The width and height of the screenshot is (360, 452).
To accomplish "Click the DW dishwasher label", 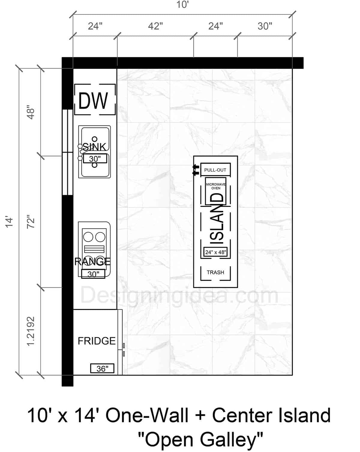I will (93, 101).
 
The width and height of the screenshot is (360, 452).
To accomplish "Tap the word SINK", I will (94, 147).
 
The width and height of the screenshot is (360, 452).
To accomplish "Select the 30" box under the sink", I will (95, 159).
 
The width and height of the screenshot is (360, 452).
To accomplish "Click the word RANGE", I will (92, 261).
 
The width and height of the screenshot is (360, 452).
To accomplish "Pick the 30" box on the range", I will (93, 274).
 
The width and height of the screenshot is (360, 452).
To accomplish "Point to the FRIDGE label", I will (97, 341).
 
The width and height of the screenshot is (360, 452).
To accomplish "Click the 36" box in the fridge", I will (102, 368).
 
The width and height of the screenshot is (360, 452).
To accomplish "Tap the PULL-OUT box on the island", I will (215, 170).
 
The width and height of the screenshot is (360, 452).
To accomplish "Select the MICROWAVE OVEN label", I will (216, 186).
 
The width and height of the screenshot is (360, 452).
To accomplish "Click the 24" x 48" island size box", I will (215, 252).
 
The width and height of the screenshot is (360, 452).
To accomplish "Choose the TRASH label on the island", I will (215, 272).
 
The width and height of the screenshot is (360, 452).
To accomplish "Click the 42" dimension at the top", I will (155, 26).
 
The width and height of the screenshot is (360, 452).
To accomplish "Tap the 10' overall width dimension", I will (182, 5).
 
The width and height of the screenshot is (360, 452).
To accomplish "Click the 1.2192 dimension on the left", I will (31, 331).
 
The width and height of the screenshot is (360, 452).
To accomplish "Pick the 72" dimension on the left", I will (31, 222).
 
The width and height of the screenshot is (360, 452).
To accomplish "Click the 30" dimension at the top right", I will (265, 26).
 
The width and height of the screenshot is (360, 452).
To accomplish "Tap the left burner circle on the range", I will (88, 237).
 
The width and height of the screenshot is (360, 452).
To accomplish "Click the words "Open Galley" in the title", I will (200, 440).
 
